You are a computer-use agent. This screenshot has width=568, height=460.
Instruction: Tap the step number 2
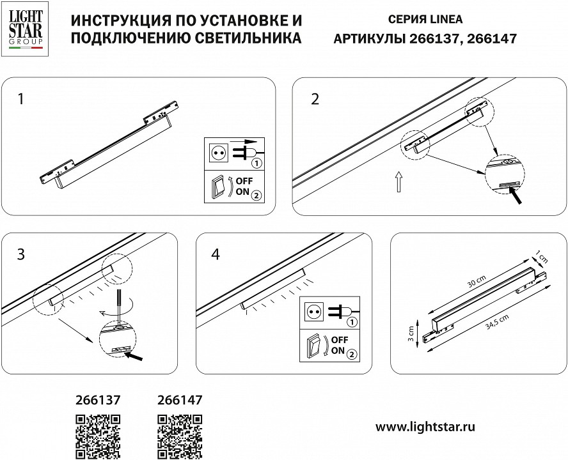(x=314, y=100)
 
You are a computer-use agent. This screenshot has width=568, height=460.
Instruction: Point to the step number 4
(x=215, y=254)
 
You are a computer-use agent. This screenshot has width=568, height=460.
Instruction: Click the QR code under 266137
(x=98, y=435)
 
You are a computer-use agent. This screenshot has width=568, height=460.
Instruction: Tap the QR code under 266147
(x=180, y=435)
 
